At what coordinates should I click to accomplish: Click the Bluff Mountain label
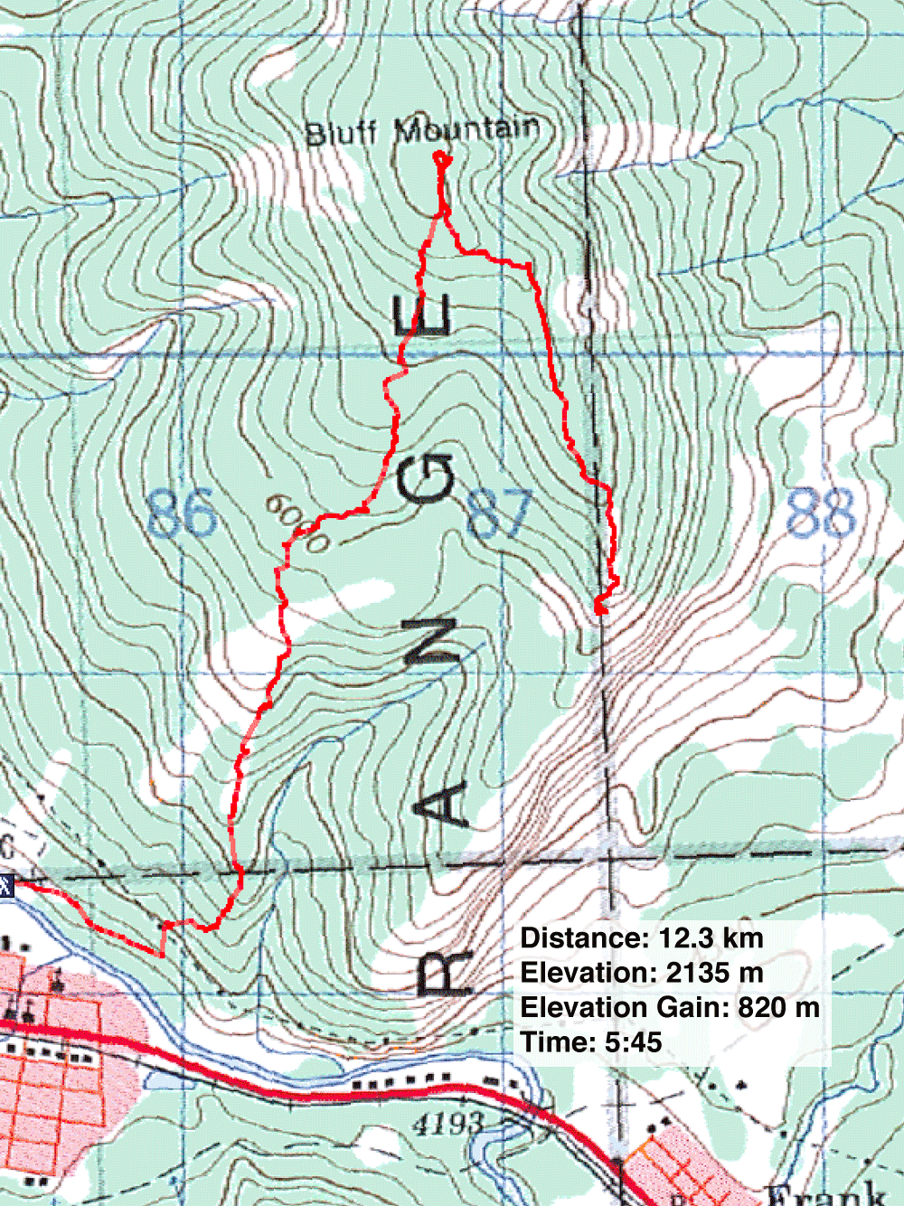coord(422,130)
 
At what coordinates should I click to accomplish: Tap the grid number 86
coord(182,513)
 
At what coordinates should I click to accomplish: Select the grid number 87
coord(499,513)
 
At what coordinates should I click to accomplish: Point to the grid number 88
coord(821,513)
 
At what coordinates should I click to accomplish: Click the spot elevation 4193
coord(448,1124)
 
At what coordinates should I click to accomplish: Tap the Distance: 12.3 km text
coord(642,938)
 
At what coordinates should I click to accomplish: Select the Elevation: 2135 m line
coord(642,973)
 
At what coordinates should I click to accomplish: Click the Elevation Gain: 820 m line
coord(670,1007)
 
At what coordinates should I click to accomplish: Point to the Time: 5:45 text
coord(591,1041)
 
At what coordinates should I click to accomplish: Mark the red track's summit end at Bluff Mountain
coord(442,159)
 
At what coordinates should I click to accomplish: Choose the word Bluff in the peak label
coord(341,134)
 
